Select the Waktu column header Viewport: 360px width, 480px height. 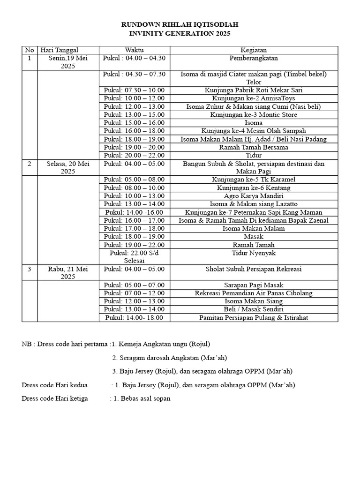pos(134,50)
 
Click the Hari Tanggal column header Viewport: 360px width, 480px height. pos(60,50)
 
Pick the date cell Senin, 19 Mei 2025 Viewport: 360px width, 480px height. pos(67,62)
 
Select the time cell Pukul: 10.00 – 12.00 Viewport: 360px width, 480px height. pos(134,98)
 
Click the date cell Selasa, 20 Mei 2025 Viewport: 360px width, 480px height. pos(67,167)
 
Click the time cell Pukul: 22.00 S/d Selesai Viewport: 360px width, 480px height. pos(134,256)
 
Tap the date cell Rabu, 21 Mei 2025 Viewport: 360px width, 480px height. pos(67,273)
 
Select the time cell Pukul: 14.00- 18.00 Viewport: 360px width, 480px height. pos(134,318)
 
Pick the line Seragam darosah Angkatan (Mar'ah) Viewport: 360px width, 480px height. pos(170,358)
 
